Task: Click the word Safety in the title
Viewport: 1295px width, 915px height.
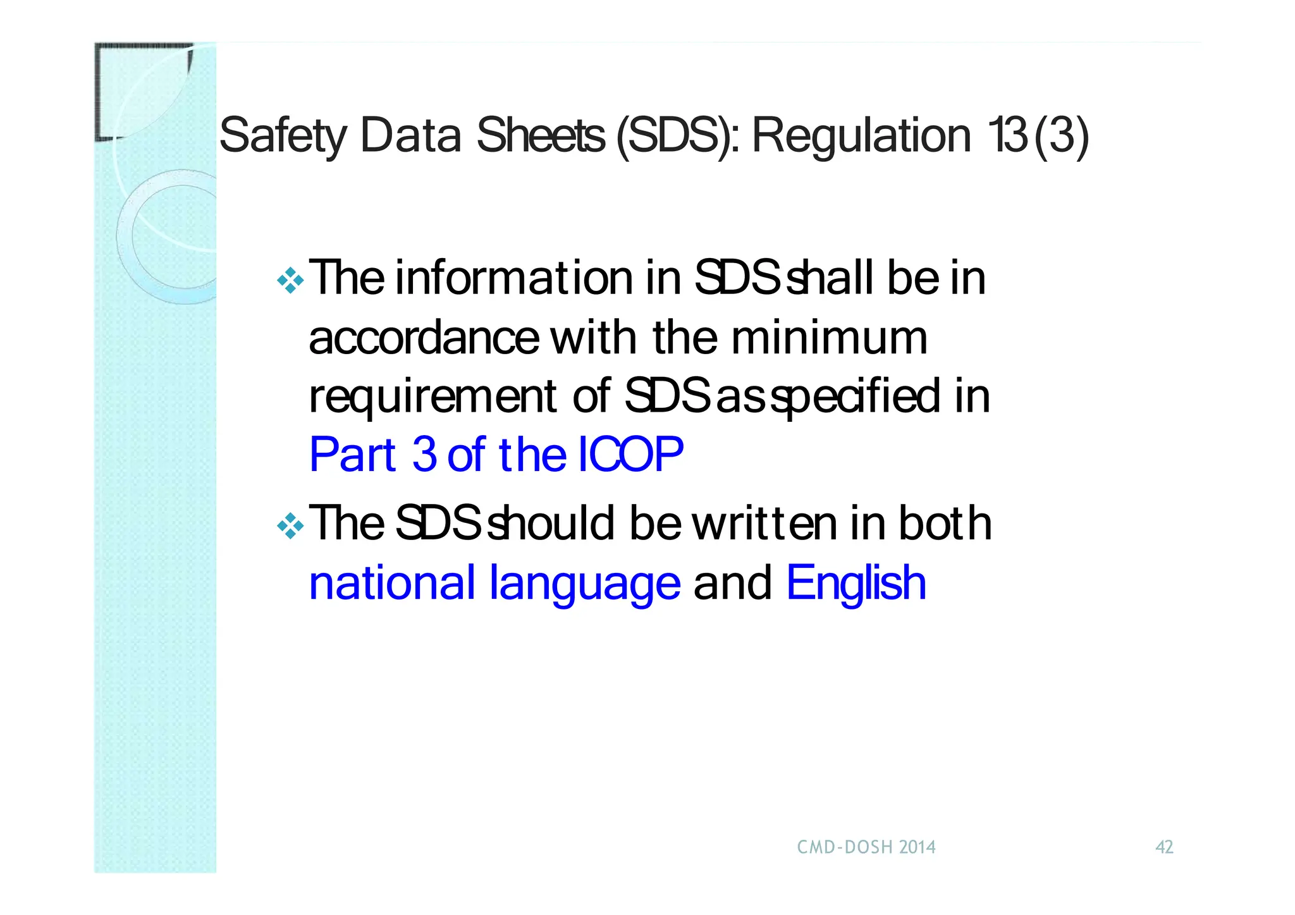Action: tap(283, 136)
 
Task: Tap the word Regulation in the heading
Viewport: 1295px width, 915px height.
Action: tap(861, 136)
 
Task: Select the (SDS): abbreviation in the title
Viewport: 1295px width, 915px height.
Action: tap(677, 136)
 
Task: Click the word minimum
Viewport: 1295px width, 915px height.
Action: tap(830, 338)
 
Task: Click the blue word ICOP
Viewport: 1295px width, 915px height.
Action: tap(630, 455)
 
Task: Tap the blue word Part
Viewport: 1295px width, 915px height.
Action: tap(352, 455)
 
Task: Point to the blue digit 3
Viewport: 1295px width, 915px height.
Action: tap(424, 455)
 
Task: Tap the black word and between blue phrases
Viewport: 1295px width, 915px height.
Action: tap(733, 583)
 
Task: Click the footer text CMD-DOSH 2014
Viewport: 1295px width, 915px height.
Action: tap(866, 847)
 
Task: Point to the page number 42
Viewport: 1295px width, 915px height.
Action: tap(1164, 847)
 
